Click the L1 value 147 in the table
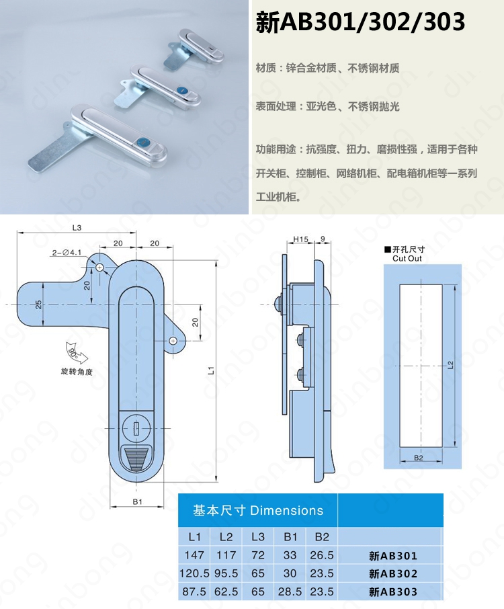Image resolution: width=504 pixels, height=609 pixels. click(x=194, y=555)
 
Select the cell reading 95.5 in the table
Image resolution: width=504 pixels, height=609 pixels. click(x=226, y=573)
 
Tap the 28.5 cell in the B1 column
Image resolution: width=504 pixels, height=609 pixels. click(x=290, y=592)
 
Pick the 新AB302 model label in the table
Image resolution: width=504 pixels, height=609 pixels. click(x=393, y=573)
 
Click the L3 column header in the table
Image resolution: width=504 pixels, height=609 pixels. click(x=258, y=537)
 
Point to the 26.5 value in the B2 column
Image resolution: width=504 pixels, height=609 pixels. click(x=321, y=555)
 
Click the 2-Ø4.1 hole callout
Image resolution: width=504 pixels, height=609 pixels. click(x=67, y=253)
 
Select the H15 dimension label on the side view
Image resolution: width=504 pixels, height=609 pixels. click(x=300, y=240)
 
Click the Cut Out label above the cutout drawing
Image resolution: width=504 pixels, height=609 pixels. click(x=407, y=259)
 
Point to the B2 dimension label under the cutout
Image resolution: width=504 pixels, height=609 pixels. click(x=418, y=458)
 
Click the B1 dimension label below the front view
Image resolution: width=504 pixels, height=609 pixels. click(x=138, y=502)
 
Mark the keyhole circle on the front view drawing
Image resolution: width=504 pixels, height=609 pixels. click(x=136, y=428)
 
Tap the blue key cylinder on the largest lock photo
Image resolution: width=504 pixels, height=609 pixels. click(x=140, y=143)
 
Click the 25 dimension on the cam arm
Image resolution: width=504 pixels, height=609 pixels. click(x=38, y=304)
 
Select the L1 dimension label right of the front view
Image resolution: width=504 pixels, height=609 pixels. click(x=211, y=370)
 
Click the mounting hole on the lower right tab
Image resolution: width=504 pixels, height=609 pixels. click(x=173, y=341)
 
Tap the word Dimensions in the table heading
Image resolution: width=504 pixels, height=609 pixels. click(x=286, y=510)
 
